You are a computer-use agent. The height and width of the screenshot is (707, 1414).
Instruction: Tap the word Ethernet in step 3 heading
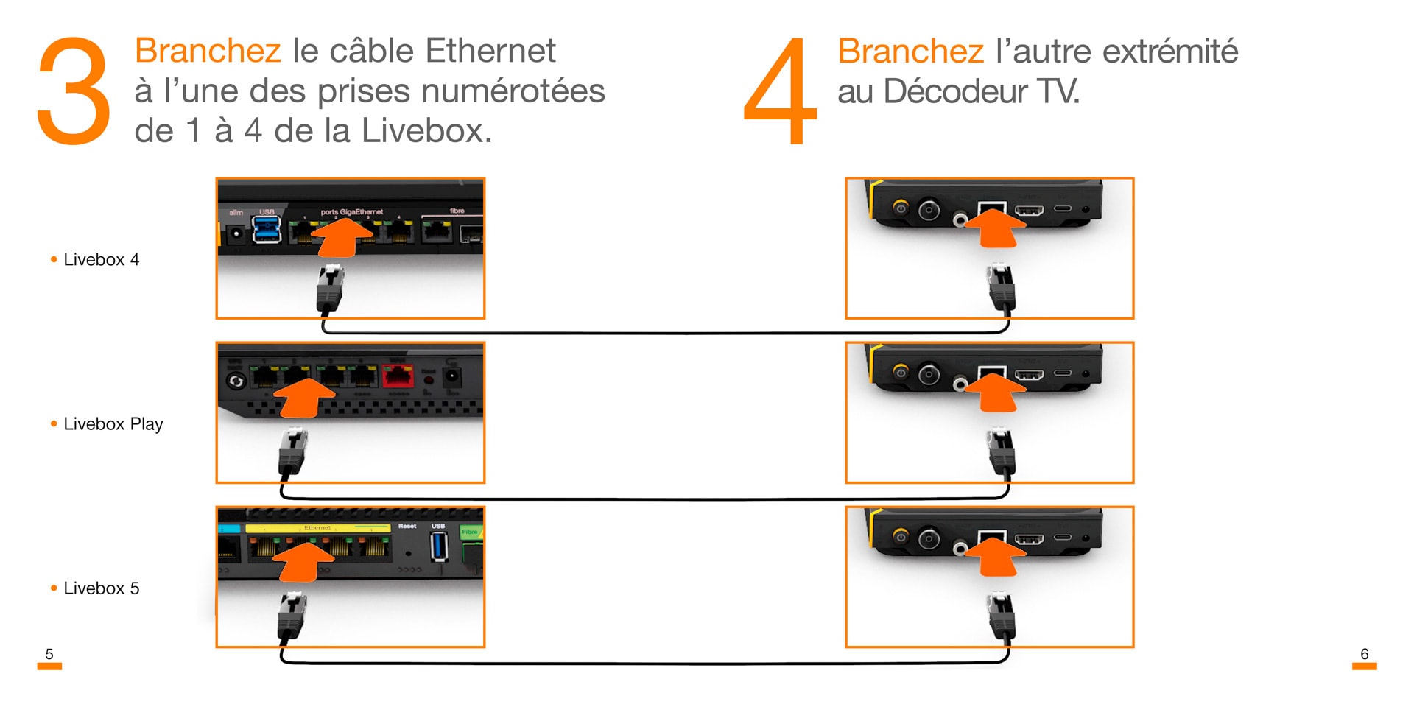[x=490, y=51]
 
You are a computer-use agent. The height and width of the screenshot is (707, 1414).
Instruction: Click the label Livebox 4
[x=101, y=259]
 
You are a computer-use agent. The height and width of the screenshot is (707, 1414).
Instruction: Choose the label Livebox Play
[x=113, y=424]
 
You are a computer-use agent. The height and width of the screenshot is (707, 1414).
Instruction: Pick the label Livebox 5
[x=101, y=588]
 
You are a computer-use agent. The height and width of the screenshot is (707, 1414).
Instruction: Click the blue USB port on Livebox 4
[x=266, y=229]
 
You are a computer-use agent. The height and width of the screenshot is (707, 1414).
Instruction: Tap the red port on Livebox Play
[x=398, y=376]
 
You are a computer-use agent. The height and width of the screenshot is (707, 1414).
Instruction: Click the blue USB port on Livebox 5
[x=439, y=546]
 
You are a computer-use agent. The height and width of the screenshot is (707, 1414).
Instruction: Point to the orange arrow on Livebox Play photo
[x=303, y=398]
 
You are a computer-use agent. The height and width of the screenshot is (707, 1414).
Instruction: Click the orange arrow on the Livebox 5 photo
[x=303, y=560]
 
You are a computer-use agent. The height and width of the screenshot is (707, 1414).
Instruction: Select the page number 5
[x=49, y=654]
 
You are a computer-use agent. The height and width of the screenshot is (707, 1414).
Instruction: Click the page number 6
[x=1364, y=654]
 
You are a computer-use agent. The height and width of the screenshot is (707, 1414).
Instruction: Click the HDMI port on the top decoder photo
[x=1029, y=211]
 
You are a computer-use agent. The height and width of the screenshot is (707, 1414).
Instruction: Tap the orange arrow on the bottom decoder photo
[x=994, y=557]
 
